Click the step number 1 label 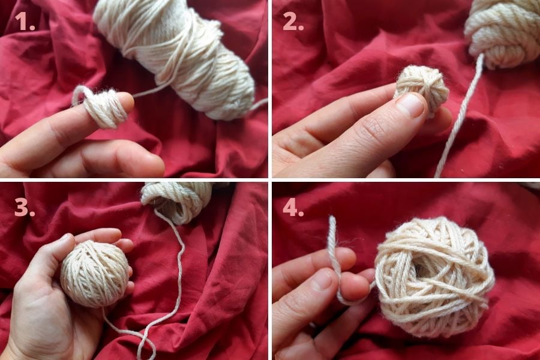click(25, 21)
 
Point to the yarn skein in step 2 click(503, 33)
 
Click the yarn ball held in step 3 click(95, 274)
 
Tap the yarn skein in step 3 click(178, 202)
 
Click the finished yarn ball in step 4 click(434, 276)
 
